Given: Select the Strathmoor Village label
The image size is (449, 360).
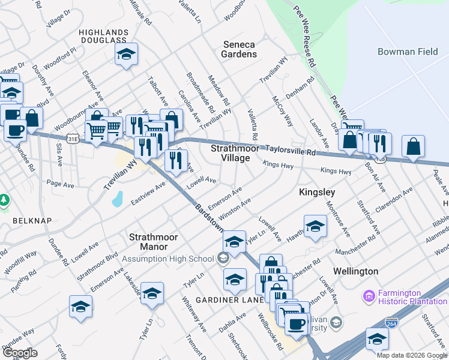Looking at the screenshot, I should pos(229,152).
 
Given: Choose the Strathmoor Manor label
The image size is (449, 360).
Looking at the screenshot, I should pos(154,242).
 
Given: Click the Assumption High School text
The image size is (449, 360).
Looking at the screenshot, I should pos(168,259).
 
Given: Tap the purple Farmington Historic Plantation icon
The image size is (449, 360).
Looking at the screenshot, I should pos(368,296).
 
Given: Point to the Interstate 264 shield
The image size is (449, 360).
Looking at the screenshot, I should pos(391,322).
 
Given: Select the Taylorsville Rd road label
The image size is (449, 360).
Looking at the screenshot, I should pos(291,152).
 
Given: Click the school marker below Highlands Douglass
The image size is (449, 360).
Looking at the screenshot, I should pos(127,55).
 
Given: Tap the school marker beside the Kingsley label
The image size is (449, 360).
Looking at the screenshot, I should pos(315,227).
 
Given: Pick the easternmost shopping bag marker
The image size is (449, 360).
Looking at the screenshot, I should pos(414,146).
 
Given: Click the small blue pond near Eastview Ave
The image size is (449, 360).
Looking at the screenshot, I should pos(118,199).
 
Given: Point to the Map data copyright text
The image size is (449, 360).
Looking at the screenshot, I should pos(411,355).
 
